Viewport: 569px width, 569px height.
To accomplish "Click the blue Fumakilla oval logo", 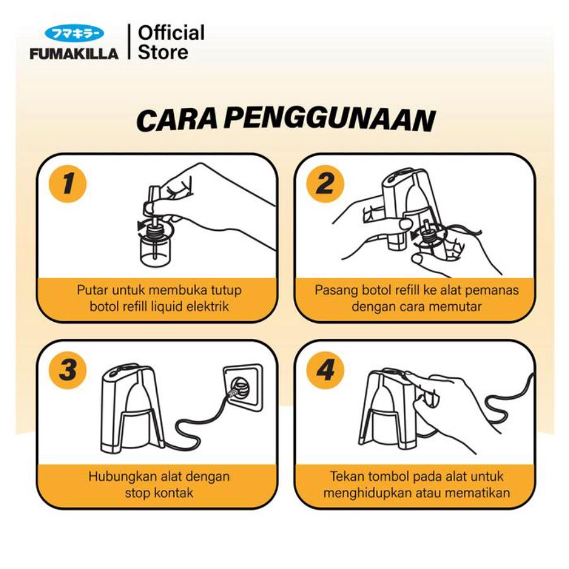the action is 74,34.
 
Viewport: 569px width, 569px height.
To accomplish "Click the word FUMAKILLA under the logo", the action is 74,54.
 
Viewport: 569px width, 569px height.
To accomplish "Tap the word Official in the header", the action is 171,33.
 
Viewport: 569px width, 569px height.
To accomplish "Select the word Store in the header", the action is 163,52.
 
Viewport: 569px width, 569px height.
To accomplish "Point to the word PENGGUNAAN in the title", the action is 329,119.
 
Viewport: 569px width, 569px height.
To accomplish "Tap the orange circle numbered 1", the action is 68,183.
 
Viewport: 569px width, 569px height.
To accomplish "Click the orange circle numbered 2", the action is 325,183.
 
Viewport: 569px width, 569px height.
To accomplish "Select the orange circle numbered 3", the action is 68,370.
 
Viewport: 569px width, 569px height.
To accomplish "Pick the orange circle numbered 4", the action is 325,370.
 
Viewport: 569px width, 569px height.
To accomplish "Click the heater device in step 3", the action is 132,408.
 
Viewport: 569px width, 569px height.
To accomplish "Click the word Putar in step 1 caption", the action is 92,290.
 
